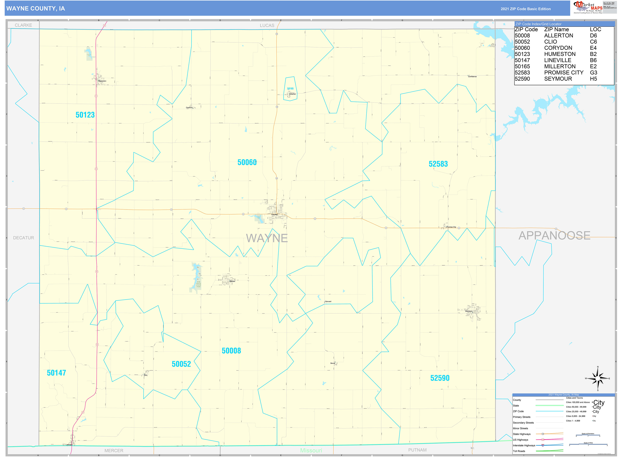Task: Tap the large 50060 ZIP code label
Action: tap(247, 162)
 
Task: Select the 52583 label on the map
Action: tap(438, 164)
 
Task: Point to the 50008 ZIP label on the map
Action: tap(231, 351)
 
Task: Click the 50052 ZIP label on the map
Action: tap(181, 364)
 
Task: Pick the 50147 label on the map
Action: tap(56, 373)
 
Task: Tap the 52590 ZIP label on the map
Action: tap(440, 378)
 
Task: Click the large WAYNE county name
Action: tap(267, 238)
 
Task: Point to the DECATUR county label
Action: tap(24, 238)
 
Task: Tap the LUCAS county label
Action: tap(267, 25)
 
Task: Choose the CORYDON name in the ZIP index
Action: tap(558, 48)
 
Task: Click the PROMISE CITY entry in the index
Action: tap(564, 72)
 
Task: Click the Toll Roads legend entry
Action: tap(519, 451)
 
